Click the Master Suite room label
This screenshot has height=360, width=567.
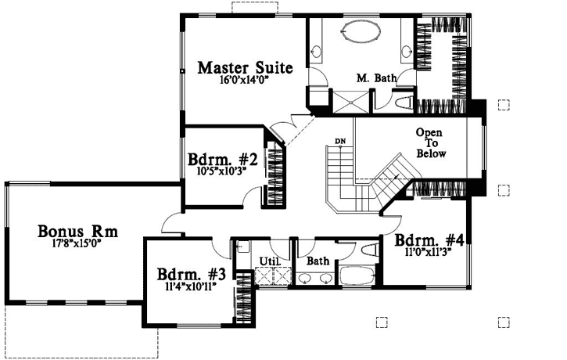(x=245, y=67)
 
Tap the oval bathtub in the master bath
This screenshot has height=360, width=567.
(x=359, y=35)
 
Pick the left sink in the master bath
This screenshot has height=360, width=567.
(x=316, y=52)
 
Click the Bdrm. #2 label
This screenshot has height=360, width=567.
(x=220, y=159)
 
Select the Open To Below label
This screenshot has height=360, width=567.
(x=430, y=143)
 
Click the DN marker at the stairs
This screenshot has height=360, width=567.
(x=340, y=141)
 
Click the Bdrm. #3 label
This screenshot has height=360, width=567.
(x=192, y=275)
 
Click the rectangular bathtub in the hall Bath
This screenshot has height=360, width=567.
(x=356, y=278)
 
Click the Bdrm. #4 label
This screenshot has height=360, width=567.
(x=429, y=240)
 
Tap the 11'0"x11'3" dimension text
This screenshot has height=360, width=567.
(x=429, y=253)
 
